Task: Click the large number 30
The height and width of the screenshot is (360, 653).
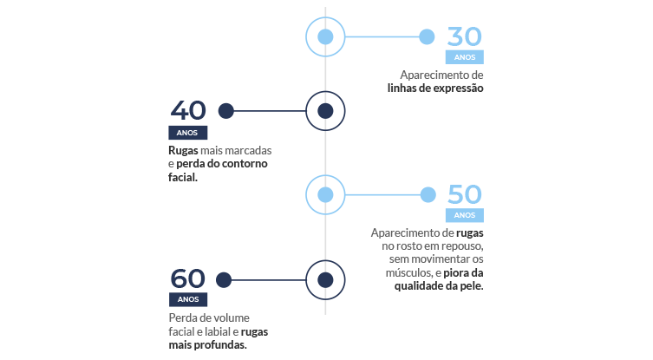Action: [x=464, y=36]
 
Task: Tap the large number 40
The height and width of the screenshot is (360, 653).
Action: [x=188, y=110]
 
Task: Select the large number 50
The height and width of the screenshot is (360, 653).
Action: [x=464, y=194]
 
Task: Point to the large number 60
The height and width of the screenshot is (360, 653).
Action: [x=187, y=278]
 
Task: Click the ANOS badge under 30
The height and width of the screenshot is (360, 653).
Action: [x=464, y=57]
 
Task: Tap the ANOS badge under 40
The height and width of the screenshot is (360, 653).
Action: [x=187, y=133]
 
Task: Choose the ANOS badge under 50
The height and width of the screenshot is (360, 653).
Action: [x=464, y=215]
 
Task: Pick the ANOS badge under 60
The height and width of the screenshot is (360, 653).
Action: [x=188, y=299]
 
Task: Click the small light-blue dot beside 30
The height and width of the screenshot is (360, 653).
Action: [x=427, y=36]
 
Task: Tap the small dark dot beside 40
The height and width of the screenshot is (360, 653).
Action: [x=226, y=111]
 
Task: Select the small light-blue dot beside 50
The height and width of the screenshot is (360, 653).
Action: [x=428, y=194]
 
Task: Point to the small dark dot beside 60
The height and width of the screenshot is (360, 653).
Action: [x=224, y=280]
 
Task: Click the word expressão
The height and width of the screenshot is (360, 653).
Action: [x=459, y=88]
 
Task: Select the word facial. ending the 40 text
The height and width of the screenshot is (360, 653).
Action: [x=183, y=177]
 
